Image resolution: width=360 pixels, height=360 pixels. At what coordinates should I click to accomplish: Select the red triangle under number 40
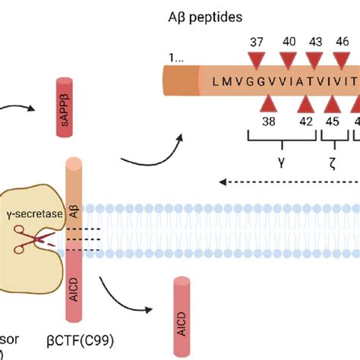point(287,60)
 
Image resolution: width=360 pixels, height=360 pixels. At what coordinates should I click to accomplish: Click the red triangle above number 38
point(268,102)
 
